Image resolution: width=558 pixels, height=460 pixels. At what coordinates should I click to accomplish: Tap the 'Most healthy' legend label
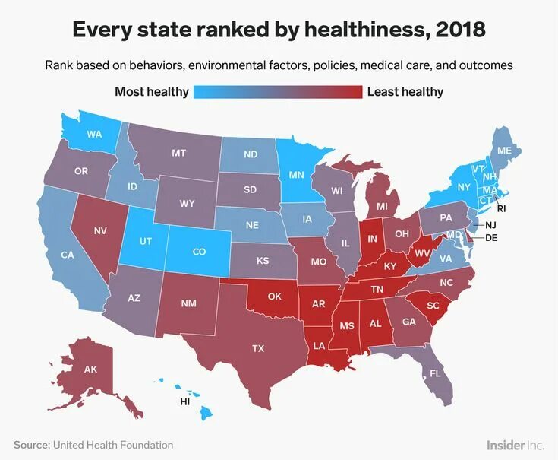pos(152,92)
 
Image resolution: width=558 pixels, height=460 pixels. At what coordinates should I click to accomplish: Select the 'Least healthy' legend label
pos(405,92)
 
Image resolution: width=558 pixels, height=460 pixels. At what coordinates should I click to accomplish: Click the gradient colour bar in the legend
pos(278,92)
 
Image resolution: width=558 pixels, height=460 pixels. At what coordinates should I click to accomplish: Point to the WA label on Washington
pos(94,134)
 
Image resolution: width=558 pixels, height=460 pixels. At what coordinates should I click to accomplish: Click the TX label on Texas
pos(258,348)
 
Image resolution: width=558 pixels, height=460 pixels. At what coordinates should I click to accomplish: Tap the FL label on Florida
pos(435,373)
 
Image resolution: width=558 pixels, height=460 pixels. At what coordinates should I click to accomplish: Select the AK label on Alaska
pos(91,370)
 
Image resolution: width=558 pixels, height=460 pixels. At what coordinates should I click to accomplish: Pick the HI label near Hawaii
pos(184,400)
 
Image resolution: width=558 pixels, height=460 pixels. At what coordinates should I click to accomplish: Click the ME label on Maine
pos(504,151)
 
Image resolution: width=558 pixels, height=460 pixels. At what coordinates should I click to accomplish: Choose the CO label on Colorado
pos(199,251)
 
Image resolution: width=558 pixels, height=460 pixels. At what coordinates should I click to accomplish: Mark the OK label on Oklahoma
pos(275,296)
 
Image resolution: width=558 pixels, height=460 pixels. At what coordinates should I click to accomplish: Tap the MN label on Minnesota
pos(296,175)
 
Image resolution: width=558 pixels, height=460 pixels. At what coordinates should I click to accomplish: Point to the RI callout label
pos(501,208)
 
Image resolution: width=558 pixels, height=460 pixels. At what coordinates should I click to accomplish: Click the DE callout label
pos(491,237)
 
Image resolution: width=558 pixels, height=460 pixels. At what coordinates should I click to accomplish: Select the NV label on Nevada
pos(99,230)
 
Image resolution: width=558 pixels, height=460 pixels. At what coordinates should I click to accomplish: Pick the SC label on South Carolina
pos(433,305)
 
